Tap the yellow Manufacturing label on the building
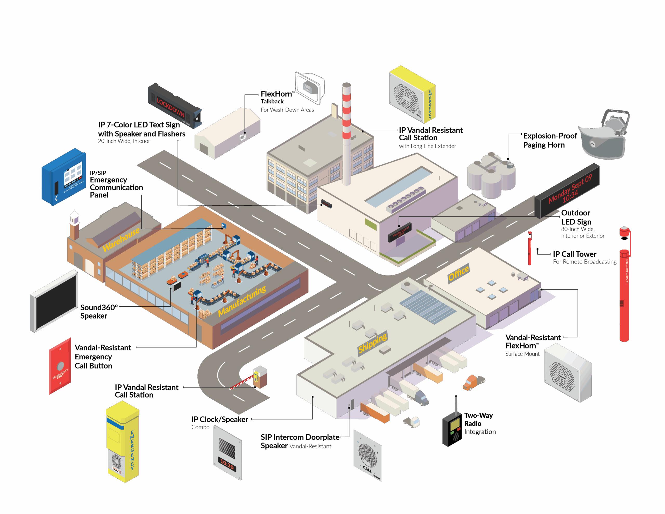coord(242,301)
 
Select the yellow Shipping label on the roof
coord(373,343)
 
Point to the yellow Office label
coord(458,273)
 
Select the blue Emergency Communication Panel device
coord(64,177)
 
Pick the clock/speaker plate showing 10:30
coord(228,453)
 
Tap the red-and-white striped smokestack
coord(347,134)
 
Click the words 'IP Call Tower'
coord(574,254)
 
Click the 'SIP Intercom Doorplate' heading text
coord(300,437)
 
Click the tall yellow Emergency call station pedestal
coord(122,442)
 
